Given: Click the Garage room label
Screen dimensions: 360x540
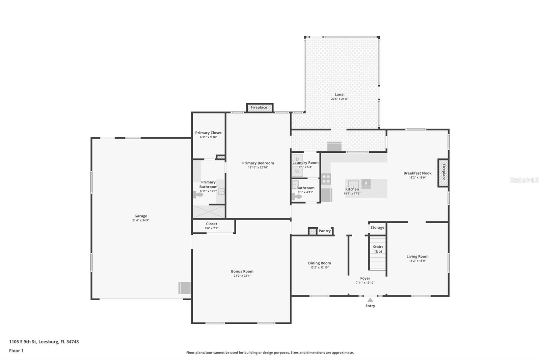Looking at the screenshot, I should click(x=141, y=216).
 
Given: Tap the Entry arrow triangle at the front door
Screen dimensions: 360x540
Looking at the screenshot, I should click(x=370, y=300).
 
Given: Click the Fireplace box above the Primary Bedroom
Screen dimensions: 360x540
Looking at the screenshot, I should click(x=259, y=107).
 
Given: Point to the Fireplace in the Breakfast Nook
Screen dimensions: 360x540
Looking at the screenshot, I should click(x=443, y=173).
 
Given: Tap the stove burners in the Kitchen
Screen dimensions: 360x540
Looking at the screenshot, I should click(x=326, y=179).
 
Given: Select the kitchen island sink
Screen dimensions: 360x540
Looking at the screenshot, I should click(x=353, y=184).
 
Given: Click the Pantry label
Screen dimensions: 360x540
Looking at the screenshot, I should click(x=324, y=231).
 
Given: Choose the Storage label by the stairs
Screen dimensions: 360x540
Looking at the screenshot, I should click(x=377, y=228).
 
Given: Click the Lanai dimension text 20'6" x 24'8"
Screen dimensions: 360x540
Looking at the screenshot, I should click(x=339, y=99).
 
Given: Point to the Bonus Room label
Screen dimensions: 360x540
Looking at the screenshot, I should click(x=242, y=271).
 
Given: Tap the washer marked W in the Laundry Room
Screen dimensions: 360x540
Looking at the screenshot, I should click(x=297, y=172).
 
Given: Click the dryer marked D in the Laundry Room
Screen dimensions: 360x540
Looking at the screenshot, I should click(x=297, y=159).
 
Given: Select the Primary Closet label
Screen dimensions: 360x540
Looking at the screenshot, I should click(x=208, y=133).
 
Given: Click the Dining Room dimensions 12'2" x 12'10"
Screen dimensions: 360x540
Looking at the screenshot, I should click(x=319, y=267).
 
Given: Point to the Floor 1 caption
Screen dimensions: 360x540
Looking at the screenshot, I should click(x=16, y=351).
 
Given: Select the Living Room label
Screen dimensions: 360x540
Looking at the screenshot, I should click(x=417, y=256).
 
